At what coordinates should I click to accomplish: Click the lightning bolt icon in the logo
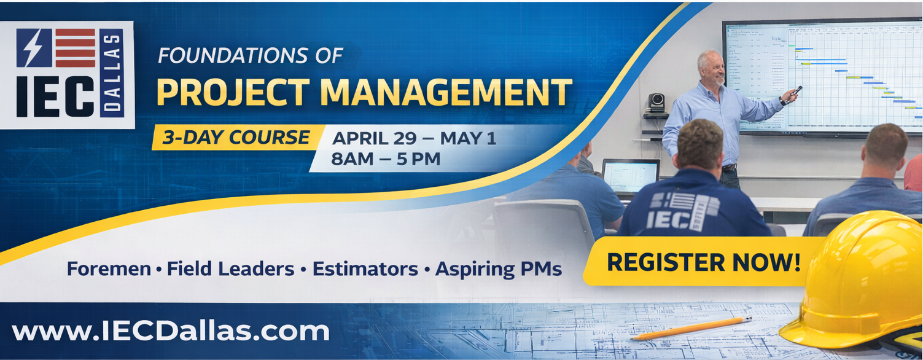point(34,47)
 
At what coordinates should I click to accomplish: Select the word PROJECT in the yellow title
point(232,92)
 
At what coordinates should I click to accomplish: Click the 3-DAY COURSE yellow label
point(236,138)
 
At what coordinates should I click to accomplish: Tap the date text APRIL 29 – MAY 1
point(413,138)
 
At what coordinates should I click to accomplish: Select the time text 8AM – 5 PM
point(386,159)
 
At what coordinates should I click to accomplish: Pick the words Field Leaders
point(230,268)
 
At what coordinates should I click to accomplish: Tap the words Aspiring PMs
point(498,268)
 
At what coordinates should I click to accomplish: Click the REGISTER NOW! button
point(703,262)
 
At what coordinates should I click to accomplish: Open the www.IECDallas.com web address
point(171,331)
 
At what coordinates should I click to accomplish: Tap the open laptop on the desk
point(630,176)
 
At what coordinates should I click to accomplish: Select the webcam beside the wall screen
point(656,102)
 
